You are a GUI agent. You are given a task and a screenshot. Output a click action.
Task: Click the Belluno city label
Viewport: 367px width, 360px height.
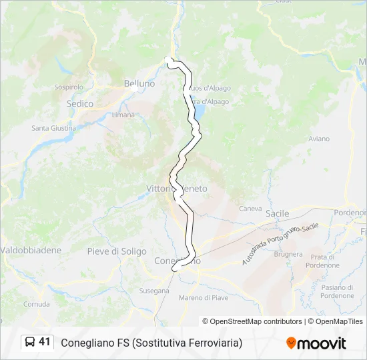point(139,83)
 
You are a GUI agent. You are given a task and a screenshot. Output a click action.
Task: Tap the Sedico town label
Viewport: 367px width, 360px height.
point(80,104)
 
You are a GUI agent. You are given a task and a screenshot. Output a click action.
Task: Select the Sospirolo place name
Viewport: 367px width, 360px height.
point(69,87)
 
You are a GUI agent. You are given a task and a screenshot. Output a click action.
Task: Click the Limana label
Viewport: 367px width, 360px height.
point(123,115)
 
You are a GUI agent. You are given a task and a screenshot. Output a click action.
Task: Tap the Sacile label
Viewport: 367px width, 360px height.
point(277,213)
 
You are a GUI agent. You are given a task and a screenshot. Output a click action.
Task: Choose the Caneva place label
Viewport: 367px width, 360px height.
point(251,208)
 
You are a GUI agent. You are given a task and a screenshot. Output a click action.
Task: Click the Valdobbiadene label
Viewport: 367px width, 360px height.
point(31,250)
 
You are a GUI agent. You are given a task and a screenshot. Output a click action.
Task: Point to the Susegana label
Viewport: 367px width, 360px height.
point(153,291)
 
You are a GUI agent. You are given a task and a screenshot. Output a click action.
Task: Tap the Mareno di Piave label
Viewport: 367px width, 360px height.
point(204,297)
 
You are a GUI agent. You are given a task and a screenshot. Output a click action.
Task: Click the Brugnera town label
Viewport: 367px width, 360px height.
point(288,255)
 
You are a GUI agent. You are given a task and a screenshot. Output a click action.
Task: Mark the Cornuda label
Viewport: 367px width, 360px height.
point(36,304)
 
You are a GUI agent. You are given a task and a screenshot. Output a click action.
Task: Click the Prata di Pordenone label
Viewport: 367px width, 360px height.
point(322,261)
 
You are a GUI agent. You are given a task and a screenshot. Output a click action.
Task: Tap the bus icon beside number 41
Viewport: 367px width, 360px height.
point(31,342)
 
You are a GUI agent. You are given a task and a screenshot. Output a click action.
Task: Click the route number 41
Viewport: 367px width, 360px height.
point(45,342)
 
